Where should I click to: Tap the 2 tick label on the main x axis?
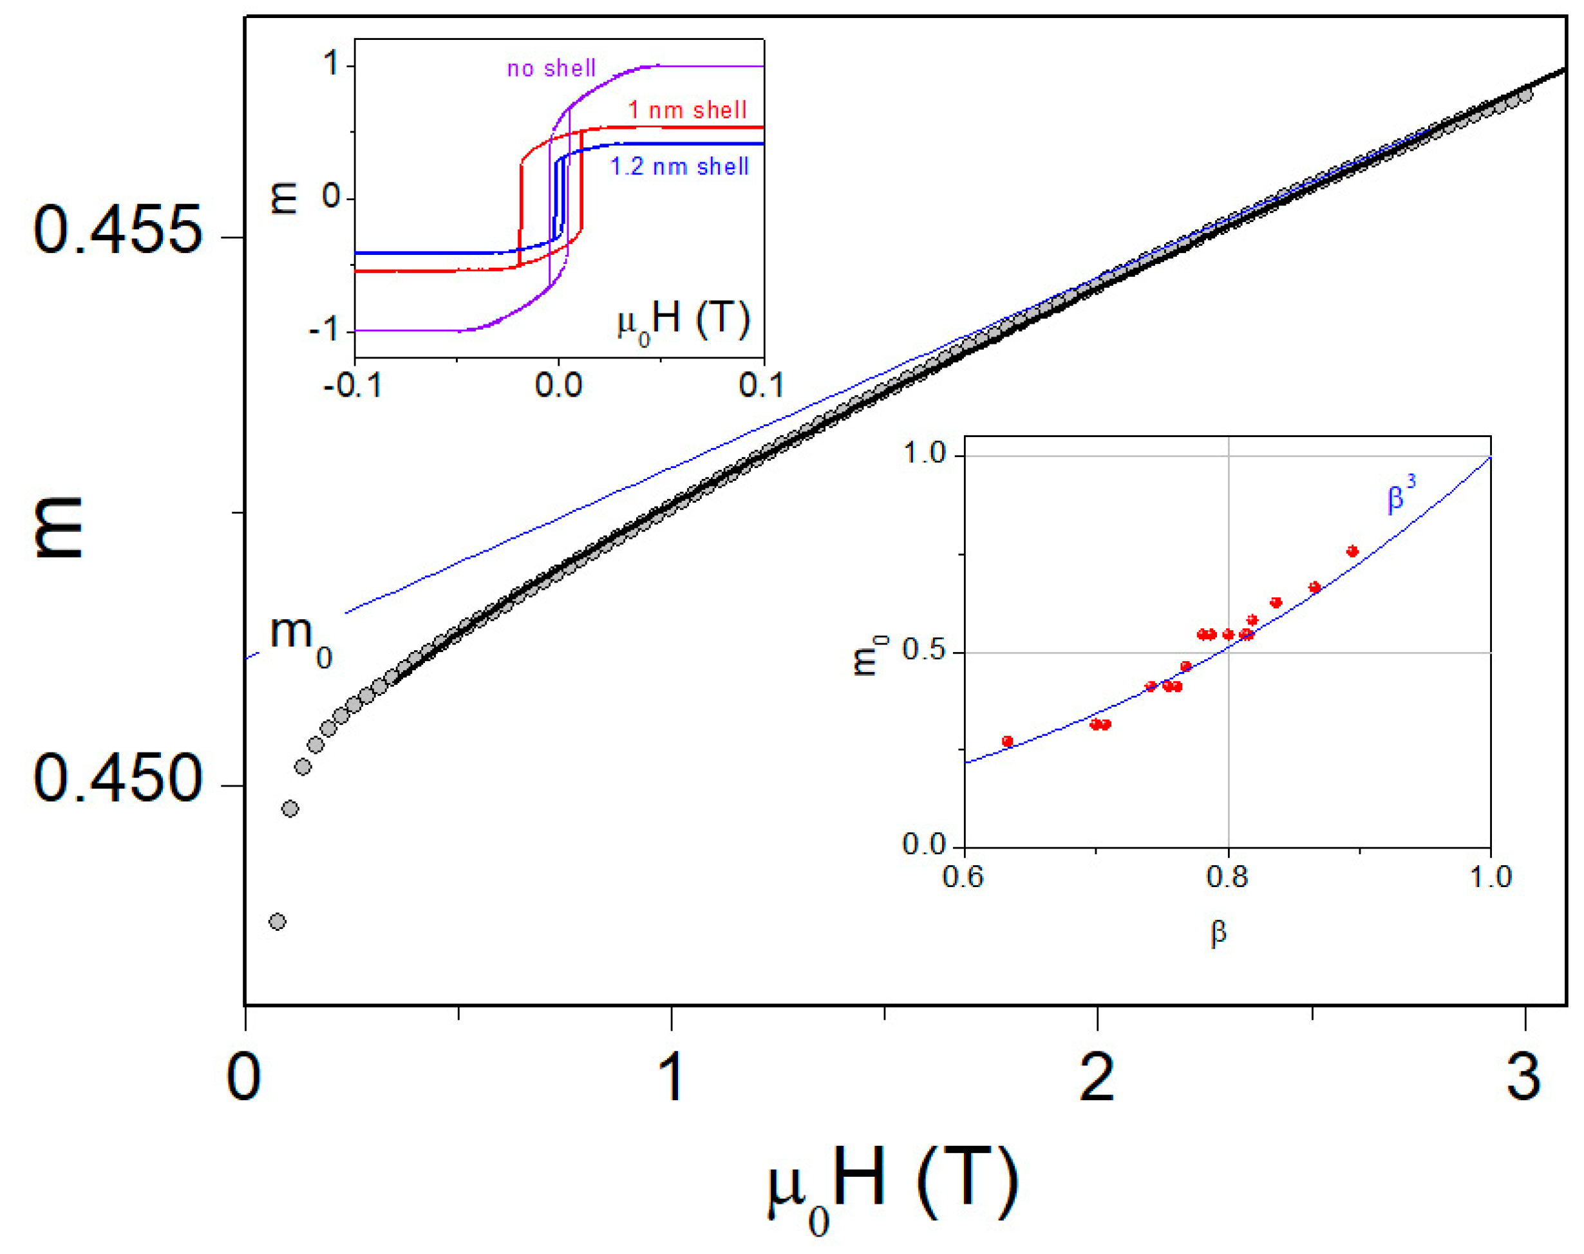pos(1097,1077)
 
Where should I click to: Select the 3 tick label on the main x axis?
pos(1523,1077)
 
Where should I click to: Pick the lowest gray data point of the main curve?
pos(277,921)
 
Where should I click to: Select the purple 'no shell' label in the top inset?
pos(551,68)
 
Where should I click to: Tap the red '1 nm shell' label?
pos(686,110)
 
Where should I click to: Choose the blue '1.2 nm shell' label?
pos(679,167)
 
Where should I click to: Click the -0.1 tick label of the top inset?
pos(352,386)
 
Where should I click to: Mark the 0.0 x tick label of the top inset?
pos(558,386)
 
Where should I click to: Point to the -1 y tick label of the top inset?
pos(324,330)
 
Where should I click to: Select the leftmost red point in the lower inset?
pos(1008,742)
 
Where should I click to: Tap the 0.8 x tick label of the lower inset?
pos(1227,877)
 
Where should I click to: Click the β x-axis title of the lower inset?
pos(1218,932)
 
